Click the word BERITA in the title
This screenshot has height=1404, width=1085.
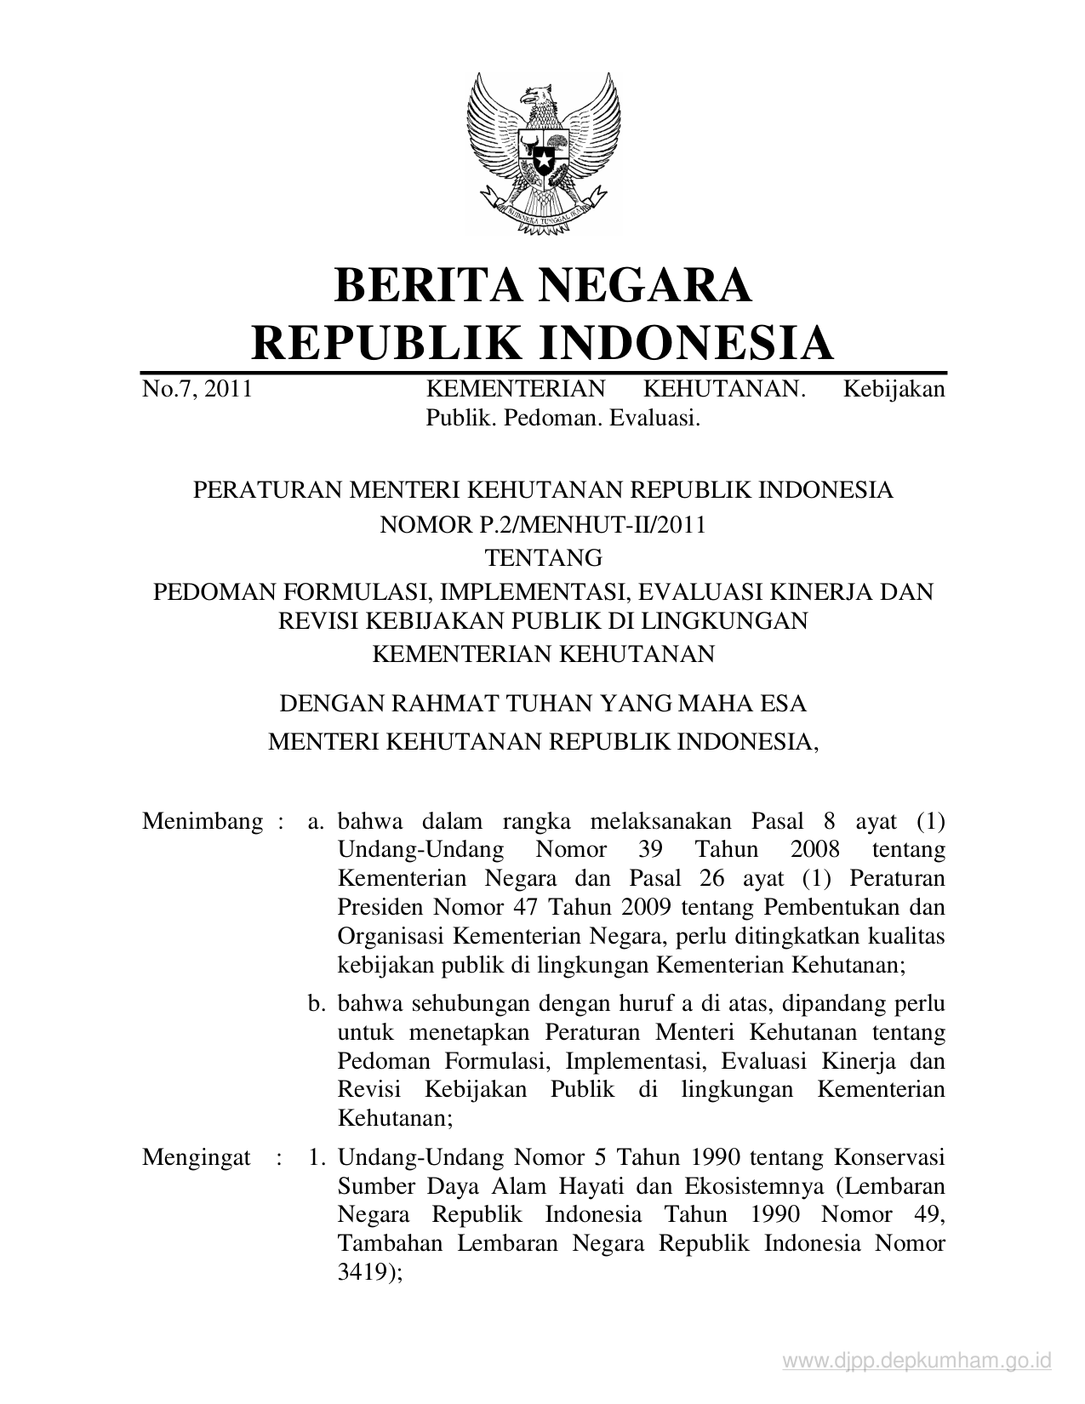coord(426,285)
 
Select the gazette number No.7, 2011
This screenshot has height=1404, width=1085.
coord(197,390)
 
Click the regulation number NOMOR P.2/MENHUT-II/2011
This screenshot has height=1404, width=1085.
coord(543,524)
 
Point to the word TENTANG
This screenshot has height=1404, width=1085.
coord(543,558)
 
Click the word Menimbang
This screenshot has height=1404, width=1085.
coord(203,822)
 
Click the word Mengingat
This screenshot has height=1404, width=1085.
coord(197,1158)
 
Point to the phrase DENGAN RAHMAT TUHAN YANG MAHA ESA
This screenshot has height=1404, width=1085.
coord(543,704)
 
